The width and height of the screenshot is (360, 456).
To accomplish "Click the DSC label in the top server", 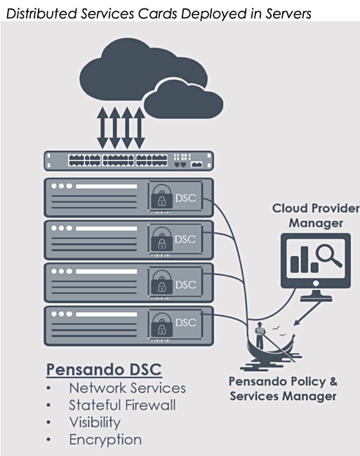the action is pyautogui.click(x=186, y=198).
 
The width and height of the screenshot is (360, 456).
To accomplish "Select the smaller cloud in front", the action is pyautogui.click(x=183, y=100).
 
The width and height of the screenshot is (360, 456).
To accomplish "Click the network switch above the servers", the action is pyautogui.click(x=129, y=161).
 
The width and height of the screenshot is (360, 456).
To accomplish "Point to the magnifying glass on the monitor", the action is pyautogui.click(x=328, y=255).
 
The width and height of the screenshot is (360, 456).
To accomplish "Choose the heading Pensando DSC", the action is pyautogui.click(x=104, y=370).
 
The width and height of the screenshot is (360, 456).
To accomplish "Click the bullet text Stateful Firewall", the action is pyautogui.click(x=122, y=405).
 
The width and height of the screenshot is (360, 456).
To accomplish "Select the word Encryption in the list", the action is pyautogui.click(x=105, y=440).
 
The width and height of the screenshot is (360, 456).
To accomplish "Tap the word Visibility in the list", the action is pyautogui.click(x=95, y=422).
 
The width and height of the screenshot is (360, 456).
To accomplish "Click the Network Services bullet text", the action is pyautogui.click(x=127, y=388).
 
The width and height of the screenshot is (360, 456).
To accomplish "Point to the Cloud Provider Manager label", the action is pyautogui.click(x=316, y=216).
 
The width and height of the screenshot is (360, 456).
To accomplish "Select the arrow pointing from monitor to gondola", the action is pyautogui.click(x=308, y=313).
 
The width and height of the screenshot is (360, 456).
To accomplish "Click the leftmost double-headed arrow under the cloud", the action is pyautogui.click(x=102, y=128).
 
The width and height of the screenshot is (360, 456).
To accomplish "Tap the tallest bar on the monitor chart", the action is pyautogui.click(x=304, y=260).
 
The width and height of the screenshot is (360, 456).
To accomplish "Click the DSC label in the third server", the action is pyautogui.click(x=186, y=284).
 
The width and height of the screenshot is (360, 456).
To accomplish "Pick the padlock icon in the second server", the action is pyautogui.click(x=161, y=240).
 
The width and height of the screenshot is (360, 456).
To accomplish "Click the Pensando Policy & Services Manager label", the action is pyautogui.click(x=283, y=389).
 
